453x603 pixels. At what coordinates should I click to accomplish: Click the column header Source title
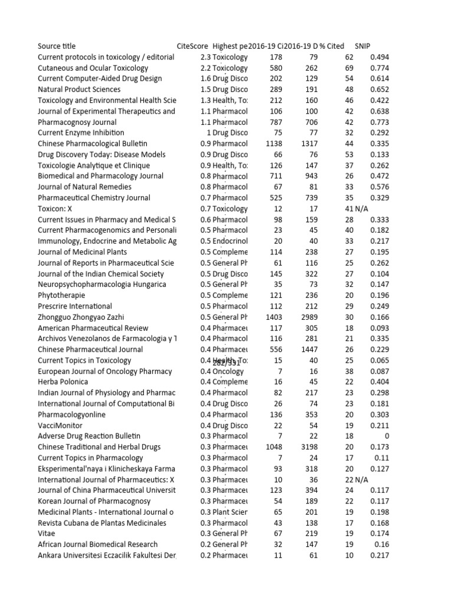[x=57, y=46]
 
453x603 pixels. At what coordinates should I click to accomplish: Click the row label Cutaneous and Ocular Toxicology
[x=93, y=68]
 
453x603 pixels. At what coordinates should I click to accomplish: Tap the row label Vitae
[x=47, y=534]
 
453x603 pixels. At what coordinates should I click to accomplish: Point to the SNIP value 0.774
[x=379, y=68]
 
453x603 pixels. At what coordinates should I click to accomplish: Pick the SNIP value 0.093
[x=379, y=328]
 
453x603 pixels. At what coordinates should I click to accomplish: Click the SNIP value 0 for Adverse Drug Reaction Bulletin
[x=386, y=436]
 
